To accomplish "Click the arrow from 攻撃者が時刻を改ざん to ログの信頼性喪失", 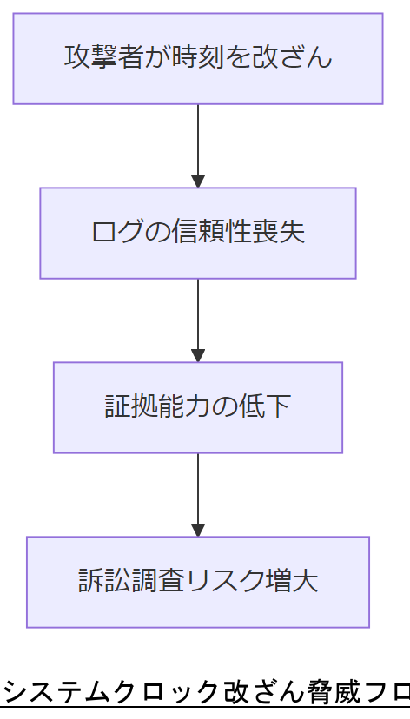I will tap(198, 143).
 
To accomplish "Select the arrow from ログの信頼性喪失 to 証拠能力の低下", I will tap(198, 318).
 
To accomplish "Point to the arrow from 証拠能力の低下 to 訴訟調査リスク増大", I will tap(198, 492).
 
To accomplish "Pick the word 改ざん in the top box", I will tap(292, 57).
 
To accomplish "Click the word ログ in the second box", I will tap(116, 233).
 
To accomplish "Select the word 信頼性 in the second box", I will tap(210, 233).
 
